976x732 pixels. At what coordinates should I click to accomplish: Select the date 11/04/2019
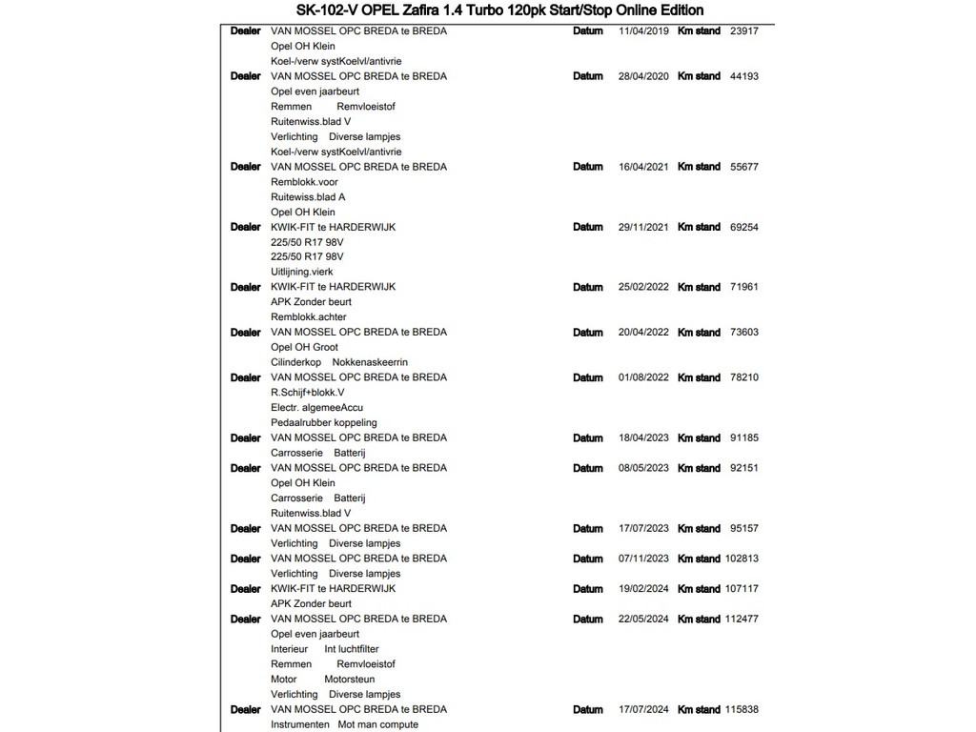(643, 31)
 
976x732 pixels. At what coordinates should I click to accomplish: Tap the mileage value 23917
(743, 31)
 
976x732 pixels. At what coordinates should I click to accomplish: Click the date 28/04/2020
(643, 76)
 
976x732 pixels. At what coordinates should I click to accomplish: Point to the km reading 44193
(743, 76)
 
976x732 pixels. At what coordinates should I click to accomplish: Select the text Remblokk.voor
(304, 182)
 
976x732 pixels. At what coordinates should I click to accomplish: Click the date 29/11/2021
(643, 228)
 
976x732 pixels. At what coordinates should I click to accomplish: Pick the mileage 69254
(743, 228)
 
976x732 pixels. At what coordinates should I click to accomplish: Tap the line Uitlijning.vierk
(302, 272)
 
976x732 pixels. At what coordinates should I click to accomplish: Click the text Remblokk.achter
(309, 317)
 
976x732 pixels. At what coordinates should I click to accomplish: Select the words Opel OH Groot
(304, 348)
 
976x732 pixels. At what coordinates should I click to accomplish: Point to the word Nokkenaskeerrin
(370, 363)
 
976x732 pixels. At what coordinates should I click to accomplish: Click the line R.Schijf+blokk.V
(308, 393)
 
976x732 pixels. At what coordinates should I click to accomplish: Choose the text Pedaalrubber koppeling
(324, 423)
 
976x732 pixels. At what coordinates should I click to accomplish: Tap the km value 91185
(743, 438)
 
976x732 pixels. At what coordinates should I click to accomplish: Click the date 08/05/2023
(643, 469)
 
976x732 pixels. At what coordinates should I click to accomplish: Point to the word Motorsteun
(349, 680)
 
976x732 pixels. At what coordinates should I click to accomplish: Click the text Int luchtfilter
(352, 649)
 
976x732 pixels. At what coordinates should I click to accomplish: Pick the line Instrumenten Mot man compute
(344, 725)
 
